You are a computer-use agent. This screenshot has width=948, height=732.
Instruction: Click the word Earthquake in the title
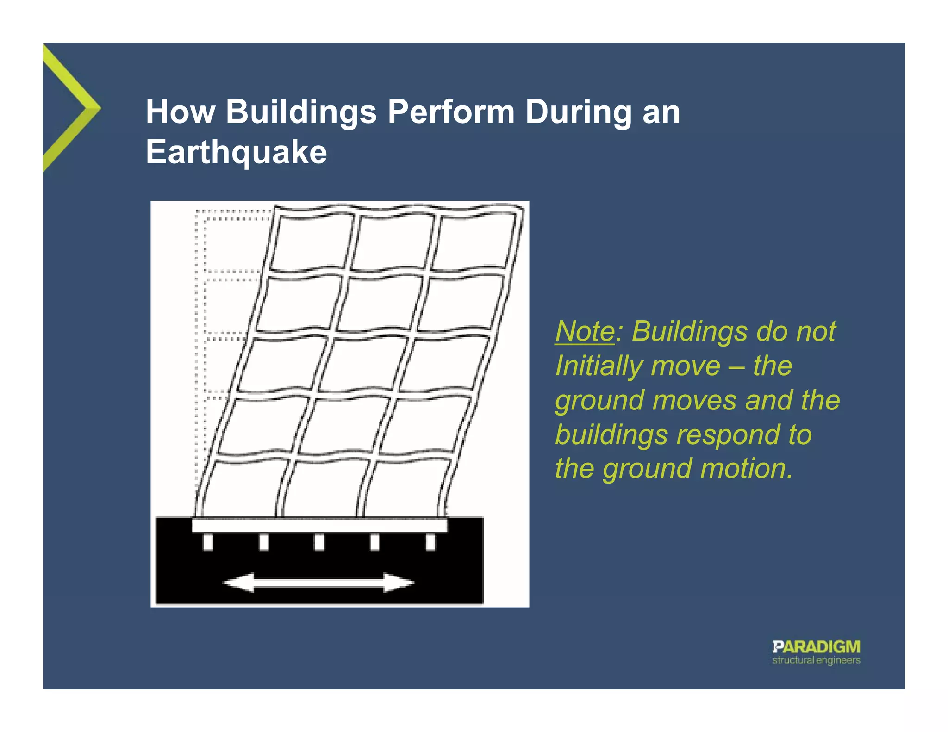(236, 152)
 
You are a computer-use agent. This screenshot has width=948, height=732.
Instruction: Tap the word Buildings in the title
(301, 112)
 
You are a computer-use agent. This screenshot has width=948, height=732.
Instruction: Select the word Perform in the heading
(451, 112)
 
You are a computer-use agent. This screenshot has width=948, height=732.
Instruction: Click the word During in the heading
(578, 112)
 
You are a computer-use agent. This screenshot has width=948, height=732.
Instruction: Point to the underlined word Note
(585, 331)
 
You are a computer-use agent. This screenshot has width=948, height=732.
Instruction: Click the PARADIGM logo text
(816, 646)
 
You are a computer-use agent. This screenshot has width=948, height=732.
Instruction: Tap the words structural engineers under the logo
(816, 660)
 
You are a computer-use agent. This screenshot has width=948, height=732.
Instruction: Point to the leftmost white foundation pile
(208, 542)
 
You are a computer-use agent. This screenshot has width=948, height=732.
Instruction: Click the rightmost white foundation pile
(430, 542)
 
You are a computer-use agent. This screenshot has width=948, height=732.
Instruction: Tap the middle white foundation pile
(319, 542)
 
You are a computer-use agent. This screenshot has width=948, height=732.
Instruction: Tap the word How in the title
(181, 112)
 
